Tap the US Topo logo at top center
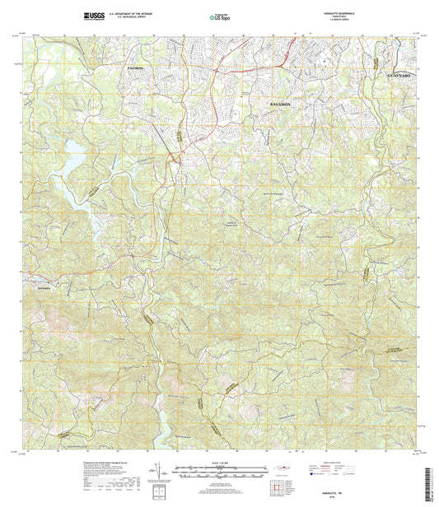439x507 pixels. click(x=219, y=15)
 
